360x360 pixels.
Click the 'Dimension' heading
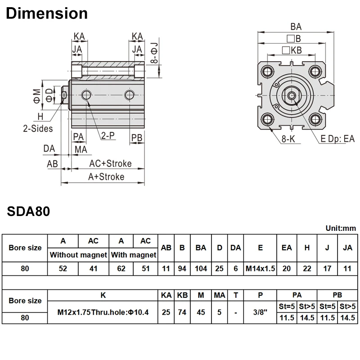coord(47,13)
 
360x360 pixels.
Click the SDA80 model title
coord(28,211)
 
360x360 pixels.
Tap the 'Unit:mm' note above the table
coord(341,228)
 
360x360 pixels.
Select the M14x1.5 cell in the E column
coord(260,269)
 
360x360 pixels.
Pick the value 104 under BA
coord(201,269)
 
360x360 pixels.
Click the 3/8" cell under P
coord(260,312)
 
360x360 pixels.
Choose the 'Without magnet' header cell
coord(78,255)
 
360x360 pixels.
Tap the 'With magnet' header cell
coord(134,255)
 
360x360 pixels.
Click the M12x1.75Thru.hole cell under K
coord(103,312)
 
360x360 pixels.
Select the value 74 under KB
coord(182,312)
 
